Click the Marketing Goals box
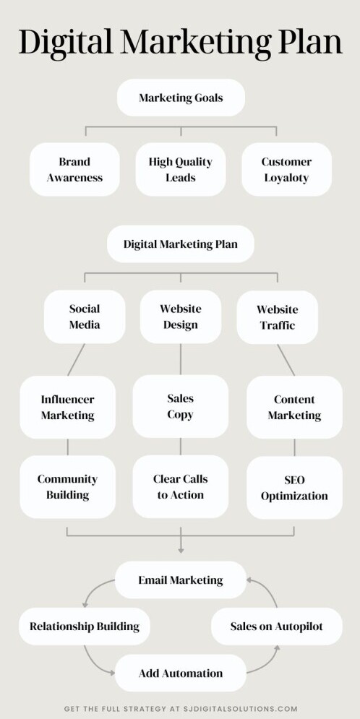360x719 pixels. pos(181,98)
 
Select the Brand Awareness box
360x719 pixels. pos(74,169)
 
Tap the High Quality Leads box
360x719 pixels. pos(181,169)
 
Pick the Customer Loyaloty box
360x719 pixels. pos(286,169)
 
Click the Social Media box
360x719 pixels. pos(85,317)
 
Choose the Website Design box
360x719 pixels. pos(181,317)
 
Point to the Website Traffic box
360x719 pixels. pos(277,317)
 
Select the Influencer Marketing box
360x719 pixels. pos(67,407)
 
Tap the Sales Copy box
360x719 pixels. pos(180,406)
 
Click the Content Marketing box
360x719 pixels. pos(294,407)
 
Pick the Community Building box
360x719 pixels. pos(67,487)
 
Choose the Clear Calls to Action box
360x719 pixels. pos(180,487)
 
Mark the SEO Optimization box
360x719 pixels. pos(294,488)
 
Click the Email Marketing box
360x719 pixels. pos(181,580)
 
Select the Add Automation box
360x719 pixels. pos(181,673)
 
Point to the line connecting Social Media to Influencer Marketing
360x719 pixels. pos(76,360)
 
